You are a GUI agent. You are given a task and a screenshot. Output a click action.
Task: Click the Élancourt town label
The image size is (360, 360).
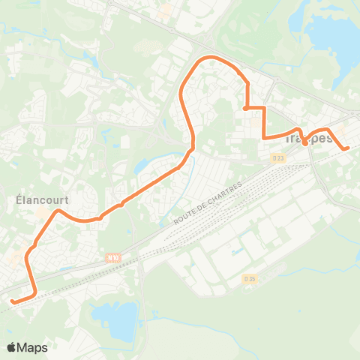point(36,200)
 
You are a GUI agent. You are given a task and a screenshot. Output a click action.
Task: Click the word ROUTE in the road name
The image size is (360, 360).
point(184,216)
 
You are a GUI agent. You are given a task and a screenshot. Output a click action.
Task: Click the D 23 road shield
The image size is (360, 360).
point(278,157)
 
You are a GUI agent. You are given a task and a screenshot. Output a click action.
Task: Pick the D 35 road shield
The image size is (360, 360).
point(250,279)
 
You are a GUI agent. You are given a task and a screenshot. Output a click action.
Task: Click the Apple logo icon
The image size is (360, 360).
point(12,347)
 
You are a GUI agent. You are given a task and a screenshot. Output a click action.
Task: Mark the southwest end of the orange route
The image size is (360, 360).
point(13,301)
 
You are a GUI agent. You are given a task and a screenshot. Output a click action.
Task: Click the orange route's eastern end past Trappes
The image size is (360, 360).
point(347,148)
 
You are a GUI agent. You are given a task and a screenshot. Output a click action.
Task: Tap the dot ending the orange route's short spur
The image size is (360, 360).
point(246,109)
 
